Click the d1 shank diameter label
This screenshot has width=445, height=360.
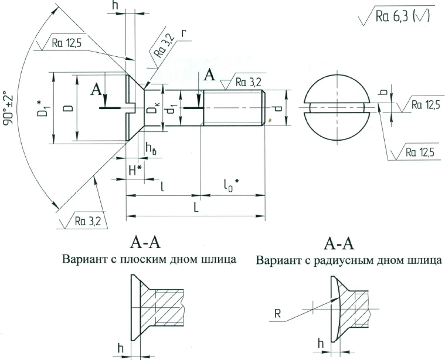tap(171, 108)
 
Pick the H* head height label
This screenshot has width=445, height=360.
tap(135, 171)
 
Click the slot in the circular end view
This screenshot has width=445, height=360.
tap(337, 107)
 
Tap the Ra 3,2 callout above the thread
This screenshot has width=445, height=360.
tap(246, 83)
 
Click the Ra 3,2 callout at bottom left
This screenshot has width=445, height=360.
tap(88, 220)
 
